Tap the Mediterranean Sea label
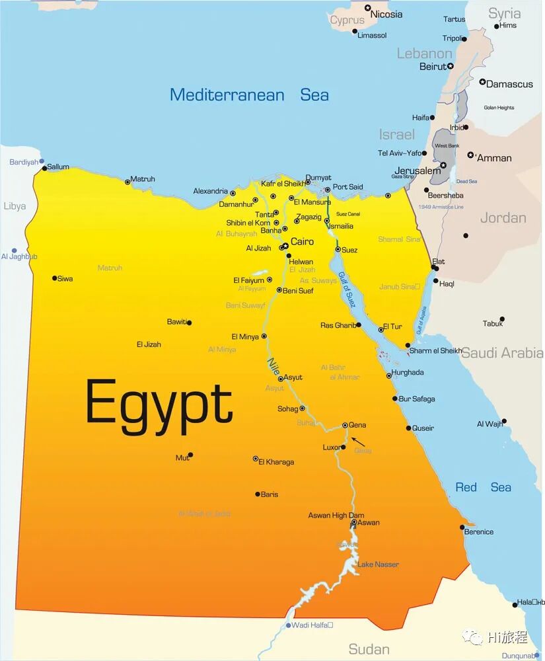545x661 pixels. (x=249, y=95)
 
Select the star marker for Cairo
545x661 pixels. (x=285, y=245)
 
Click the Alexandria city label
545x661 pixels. (x=210, y=191)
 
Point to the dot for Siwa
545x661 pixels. (x=55, y=278)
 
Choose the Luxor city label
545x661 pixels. (x=331, y=447)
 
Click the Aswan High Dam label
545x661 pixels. (x=336, y=516)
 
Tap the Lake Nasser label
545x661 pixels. (x=378, y=564)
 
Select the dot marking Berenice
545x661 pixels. (x=462, y=527)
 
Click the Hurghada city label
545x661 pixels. (x=408, y=373)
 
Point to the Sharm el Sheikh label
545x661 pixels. (x=436, y=351)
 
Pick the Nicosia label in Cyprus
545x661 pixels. (x=386, y=15)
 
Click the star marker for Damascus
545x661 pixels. (x=482, y=83)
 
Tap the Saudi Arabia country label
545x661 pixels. (x=502, y=353)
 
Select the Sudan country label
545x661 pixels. (x=369, y=648)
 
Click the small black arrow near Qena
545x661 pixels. (x=357, y=441)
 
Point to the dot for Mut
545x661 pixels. (x=190, y=455)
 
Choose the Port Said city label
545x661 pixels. (x=348, y=187)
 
